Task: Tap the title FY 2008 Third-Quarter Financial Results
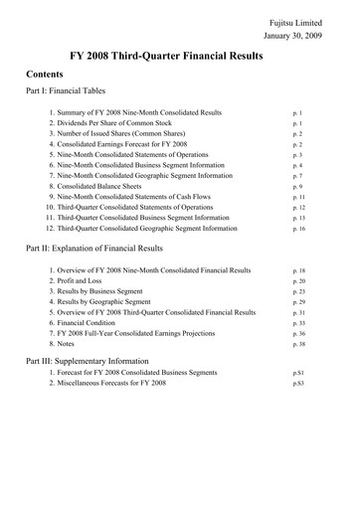pyautogui.click(x=179, y=57)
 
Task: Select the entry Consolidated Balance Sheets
pyautogui.click(x=98, y=187)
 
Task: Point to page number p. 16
pyautogui.click(x=297, y=229)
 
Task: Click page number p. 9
pyautogui.click(x=296, y=187)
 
